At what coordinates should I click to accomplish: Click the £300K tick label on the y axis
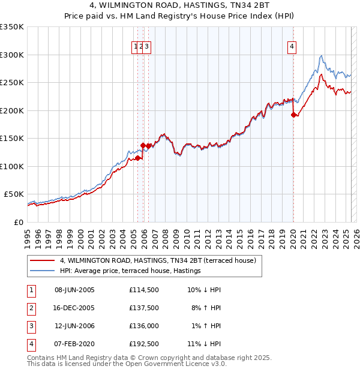pos(12,55)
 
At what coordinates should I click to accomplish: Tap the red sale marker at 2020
pos(293,115)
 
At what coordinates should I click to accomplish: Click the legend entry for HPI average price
pos(130,271)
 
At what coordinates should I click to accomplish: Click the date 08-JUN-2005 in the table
pos(74,290)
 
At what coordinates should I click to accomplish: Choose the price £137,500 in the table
pos(143,308)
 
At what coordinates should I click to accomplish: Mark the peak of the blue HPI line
pos(322,55)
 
